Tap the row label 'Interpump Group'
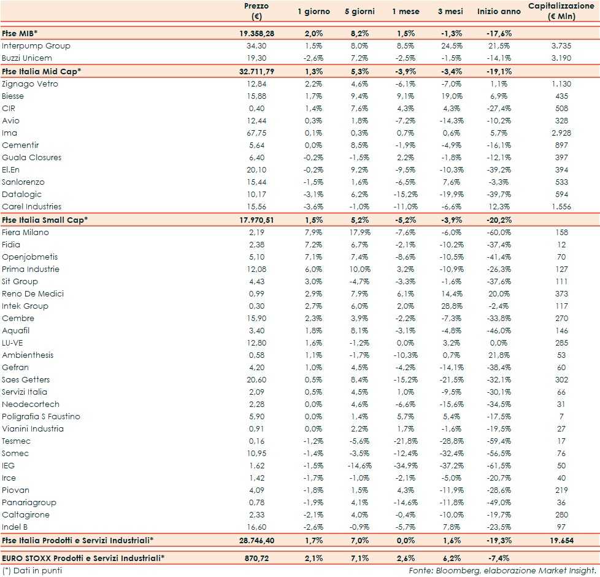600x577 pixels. coord(36,46)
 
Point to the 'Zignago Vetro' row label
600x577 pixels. coord(30,84)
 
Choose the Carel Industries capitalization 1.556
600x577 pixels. coord(561,207)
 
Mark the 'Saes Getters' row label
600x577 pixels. coord(26,380)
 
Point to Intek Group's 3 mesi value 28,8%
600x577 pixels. coord(452,306)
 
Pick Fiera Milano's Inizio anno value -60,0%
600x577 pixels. coord(499,233)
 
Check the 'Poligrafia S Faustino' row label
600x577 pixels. coord(41,417)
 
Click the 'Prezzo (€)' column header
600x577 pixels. coord(256,12)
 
